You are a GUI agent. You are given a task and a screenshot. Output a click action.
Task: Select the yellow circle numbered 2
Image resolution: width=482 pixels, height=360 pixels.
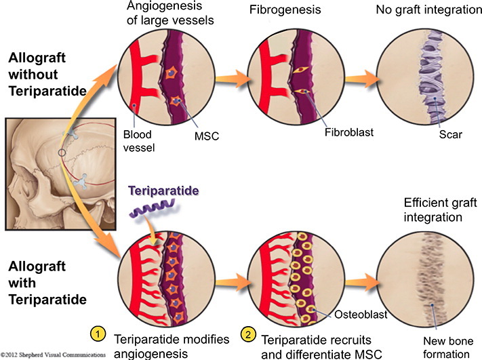pyautogui.click(x=248, y=335)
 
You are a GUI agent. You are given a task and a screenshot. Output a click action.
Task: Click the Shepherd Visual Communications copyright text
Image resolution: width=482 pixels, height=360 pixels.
pyautogui.click(x=53, y=355)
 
